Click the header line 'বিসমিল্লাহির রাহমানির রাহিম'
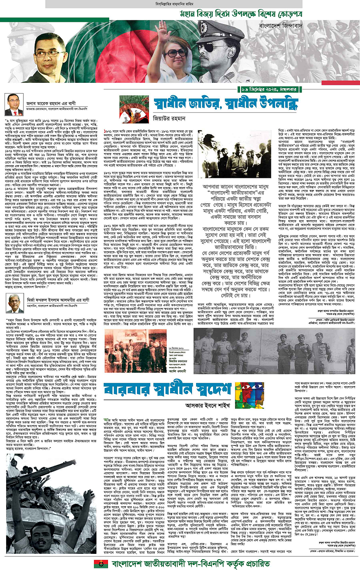[x=180, y=4]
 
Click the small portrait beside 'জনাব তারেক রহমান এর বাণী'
[x=13, y=105]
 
